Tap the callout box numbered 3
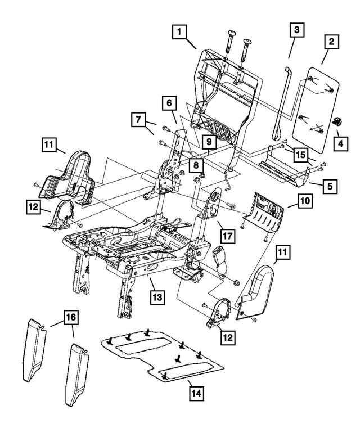tap(298, 29)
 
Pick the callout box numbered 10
tap(304, 201)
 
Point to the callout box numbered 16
tap(71, 318)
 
